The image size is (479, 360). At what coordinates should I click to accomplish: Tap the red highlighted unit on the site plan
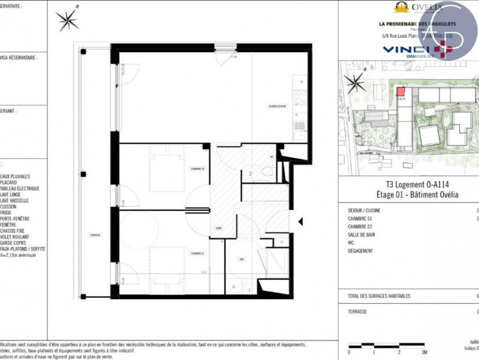400,91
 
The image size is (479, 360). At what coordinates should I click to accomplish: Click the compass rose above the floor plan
68,20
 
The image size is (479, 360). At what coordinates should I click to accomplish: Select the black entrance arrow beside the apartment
301,222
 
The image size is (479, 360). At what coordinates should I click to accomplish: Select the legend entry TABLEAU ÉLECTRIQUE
21,189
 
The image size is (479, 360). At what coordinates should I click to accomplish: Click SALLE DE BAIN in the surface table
360,236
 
